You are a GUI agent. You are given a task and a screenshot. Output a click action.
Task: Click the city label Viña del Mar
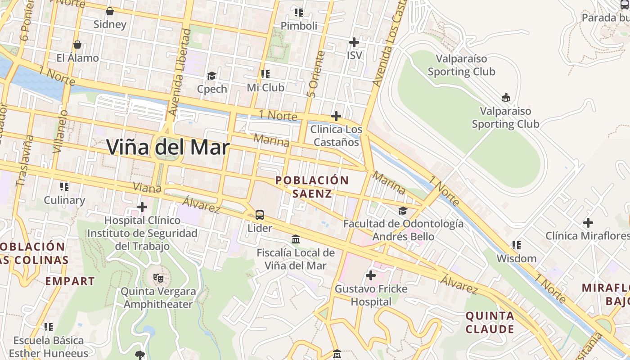pyautogui.click(x=168, y=147)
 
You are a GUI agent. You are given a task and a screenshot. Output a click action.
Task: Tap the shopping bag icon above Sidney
pyautogui.click(x=109, y=11)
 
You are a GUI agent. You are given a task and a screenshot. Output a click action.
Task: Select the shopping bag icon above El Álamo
pyautogui.click(x=77, y=45)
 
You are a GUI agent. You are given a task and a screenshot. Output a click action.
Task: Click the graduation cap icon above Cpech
pyautogui.click(x=211, y=76)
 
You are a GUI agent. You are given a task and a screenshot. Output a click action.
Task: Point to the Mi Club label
pyautogui.click(x=265, y=87)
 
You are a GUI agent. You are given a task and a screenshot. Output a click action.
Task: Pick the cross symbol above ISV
pyautogui.click(x=354, y=42)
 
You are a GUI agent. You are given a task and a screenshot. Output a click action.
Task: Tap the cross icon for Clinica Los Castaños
pyautogui.click(x=336, y=116)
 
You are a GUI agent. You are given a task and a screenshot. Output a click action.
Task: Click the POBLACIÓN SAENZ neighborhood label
pyautogui.click(x=312, y=187)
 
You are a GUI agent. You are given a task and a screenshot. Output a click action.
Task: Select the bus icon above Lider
pyautogui.click(x=260, y=215)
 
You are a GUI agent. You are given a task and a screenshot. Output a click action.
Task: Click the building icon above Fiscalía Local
pyautogui.click(x=296, y=239)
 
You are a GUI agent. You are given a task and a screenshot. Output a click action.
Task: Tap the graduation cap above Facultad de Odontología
pyautogui.click(x=403, y=211)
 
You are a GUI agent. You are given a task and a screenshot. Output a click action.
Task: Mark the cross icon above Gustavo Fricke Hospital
pyautogui.click(x=371, y=275)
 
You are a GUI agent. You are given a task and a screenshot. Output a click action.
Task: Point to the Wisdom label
pyautogui.click(x=516, y=258)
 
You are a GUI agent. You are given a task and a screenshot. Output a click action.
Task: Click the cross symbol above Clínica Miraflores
pyautogui.click(x=588, y=223)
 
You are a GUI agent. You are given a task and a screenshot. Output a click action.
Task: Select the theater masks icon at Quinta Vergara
pyautogui.click(x=157, y=278)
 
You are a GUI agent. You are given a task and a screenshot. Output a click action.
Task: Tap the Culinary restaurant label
pyautogui.click(x=64, y=200)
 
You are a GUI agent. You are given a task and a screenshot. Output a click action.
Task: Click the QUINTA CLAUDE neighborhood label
pyautogui.click(x=490, y=322)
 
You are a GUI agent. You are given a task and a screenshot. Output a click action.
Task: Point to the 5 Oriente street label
pyautogui.click(x=315, y=74)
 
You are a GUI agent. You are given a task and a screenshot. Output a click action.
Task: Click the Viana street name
pyautogui.click(x=147, y=188)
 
